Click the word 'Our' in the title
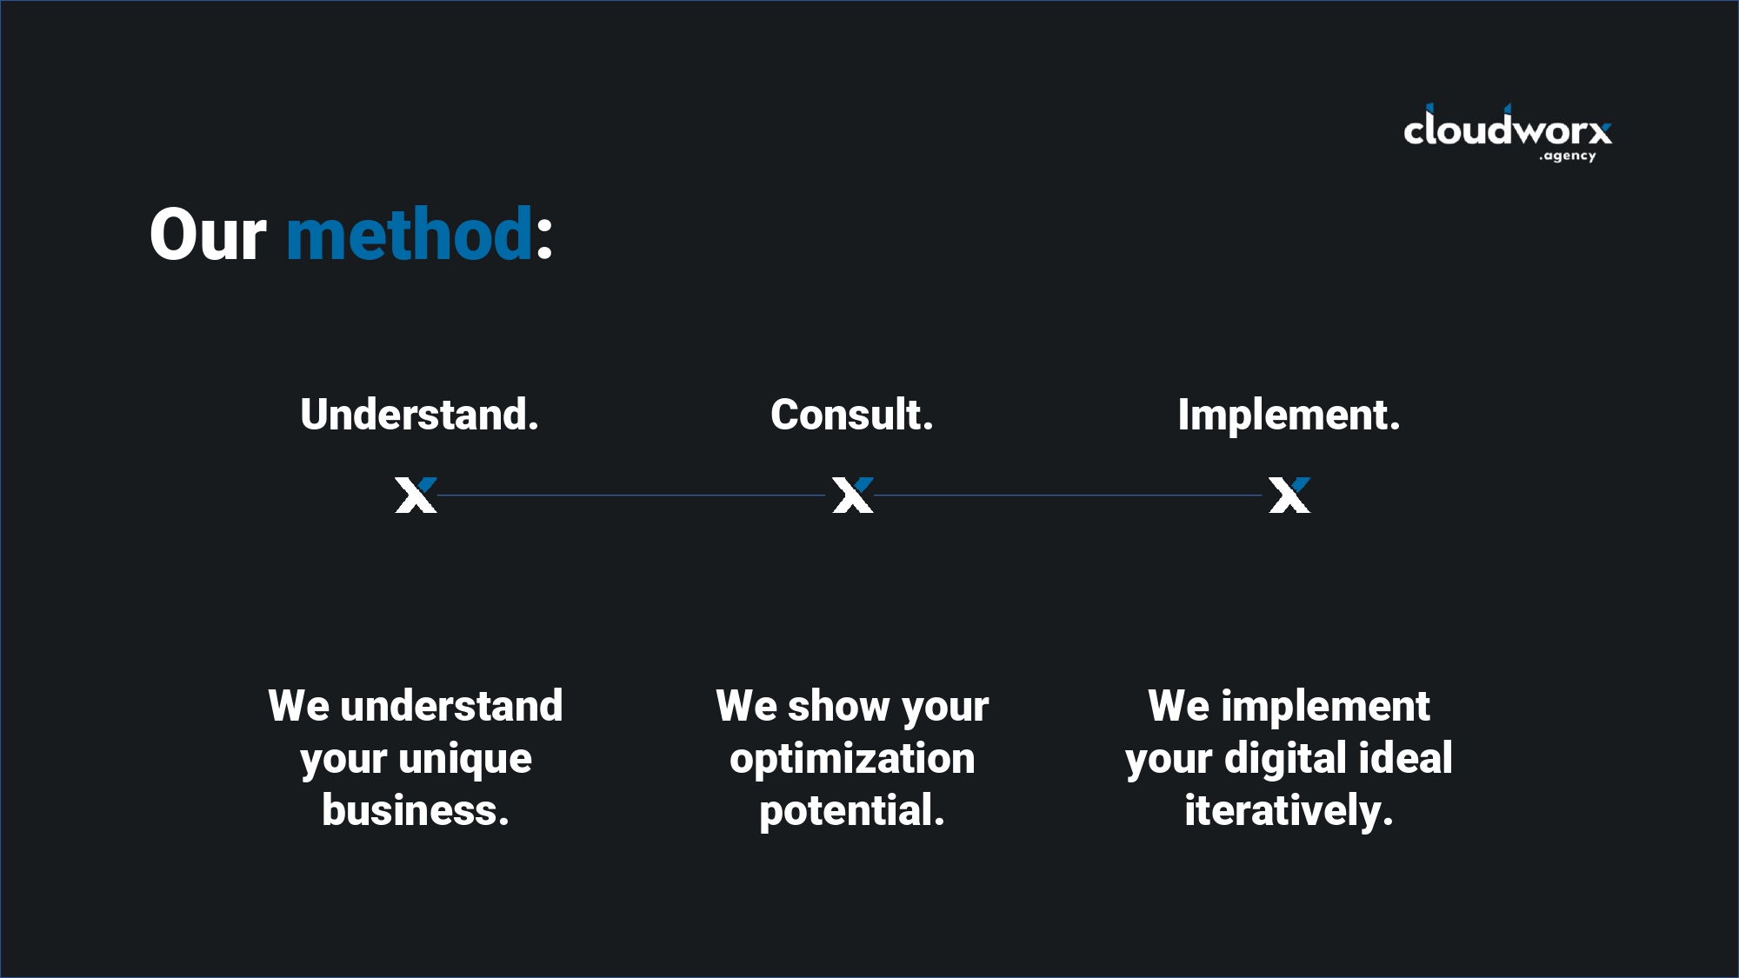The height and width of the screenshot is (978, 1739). pyautogui.click(x=208, y=235)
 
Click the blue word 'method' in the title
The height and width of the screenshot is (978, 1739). pyautogui.click(x=410, y=235)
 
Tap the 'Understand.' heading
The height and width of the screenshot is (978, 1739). pyautogui.click(x=419, y=415)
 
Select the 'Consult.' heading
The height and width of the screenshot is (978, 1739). pyautogui.click(x=851, y=415)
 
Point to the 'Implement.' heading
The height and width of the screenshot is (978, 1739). pyautogui.click(x=1289, y=415)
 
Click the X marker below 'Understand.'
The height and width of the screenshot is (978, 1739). pyautogui.click(x=416, y=496)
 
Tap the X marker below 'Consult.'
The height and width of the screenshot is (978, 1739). pyautogui.click(x=852, y=496)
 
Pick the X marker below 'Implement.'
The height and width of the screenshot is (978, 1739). pyautogui.click(x=1289, y=496)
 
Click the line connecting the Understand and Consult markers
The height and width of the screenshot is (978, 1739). pyautogui.click(x=630, y=496)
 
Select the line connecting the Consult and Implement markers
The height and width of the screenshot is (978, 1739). pyautogui.click(x=1068, y=496)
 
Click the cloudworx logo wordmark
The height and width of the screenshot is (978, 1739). pyautogui.click(x=1507, y=130)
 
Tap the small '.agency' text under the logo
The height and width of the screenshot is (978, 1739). pyautogui.click(x=1568, y=156)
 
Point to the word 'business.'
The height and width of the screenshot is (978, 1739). pyautogui.click(x=416, y=810)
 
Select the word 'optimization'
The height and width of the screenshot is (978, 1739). pyautogui.click(x=852, y=758)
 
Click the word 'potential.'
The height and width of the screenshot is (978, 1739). pyautogui.click(x=852, y=810)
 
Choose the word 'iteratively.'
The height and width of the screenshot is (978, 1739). pyautogui.click(x=1289, y=810)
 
